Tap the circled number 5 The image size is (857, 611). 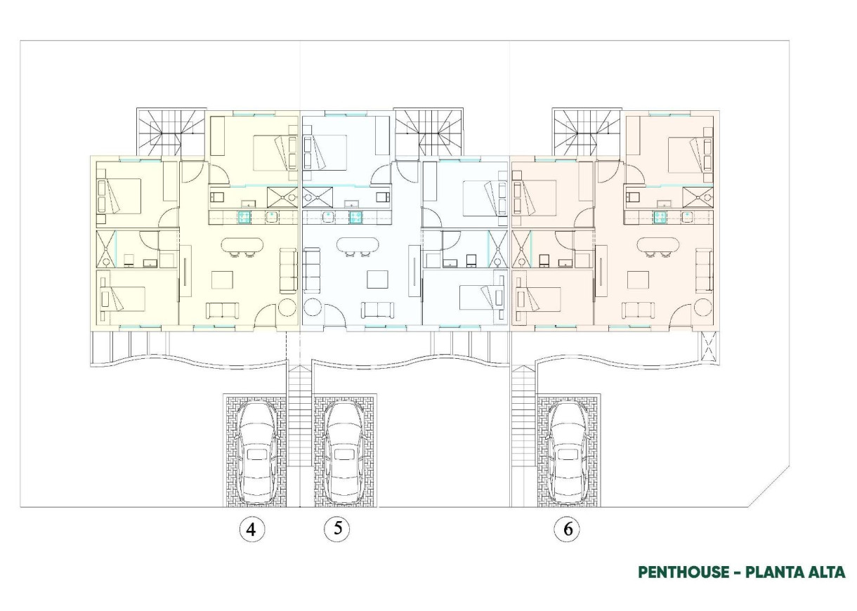click(337, 528)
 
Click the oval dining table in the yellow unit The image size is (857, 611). click(242, 246)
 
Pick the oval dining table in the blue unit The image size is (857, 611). click(358, 246)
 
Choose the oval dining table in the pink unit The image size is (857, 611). click(658, 246)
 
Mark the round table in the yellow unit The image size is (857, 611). click(287, 308)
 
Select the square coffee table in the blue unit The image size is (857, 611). click(377, 280)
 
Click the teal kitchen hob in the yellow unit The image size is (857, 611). click(245, 217)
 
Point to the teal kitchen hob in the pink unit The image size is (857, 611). click(660, 217)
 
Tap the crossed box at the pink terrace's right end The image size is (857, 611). click(709, 346)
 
